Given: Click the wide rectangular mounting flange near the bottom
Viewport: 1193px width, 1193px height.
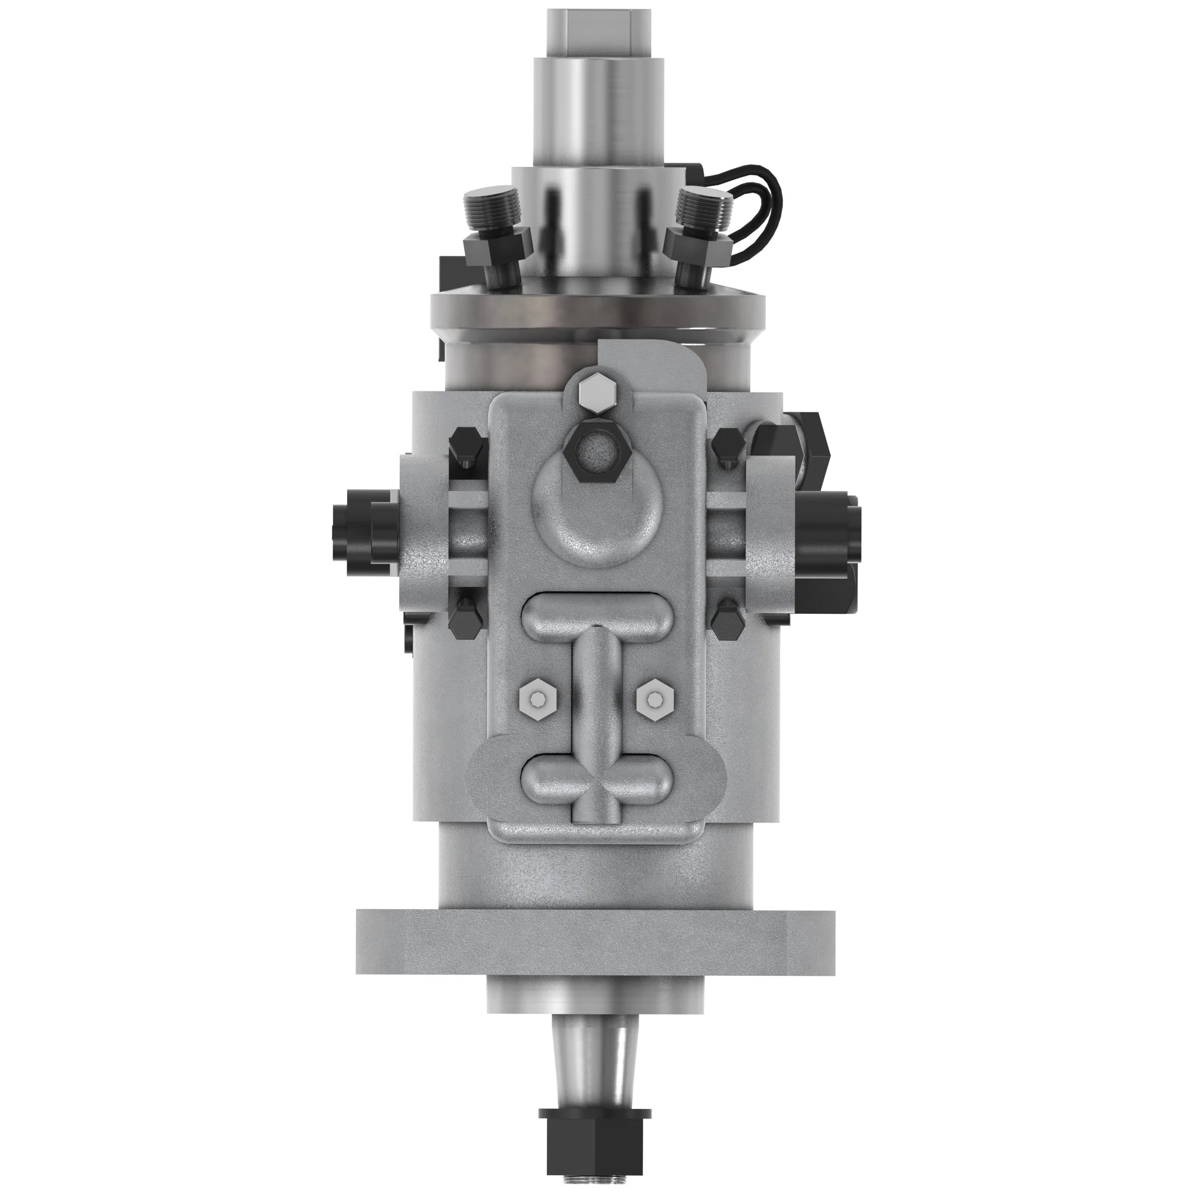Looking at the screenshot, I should click(x=595, y=937).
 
